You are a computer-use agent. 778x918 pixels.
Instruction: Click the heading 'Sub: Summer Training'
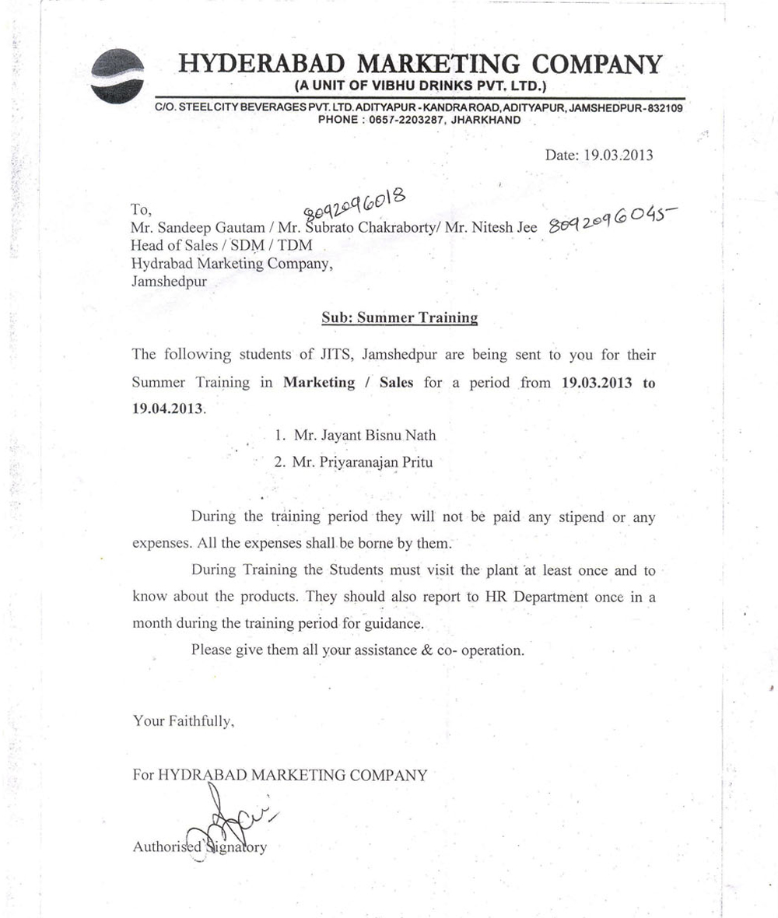click(399, 317)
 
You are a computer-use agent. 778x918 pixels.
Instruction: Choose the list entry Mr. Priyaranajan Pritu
click(352, 461)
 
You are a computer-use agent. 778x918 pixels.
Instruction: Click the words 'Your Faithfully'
click(183, 721)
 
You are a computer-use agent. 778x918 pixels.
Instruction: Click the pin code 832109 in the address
click(662, 108)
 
